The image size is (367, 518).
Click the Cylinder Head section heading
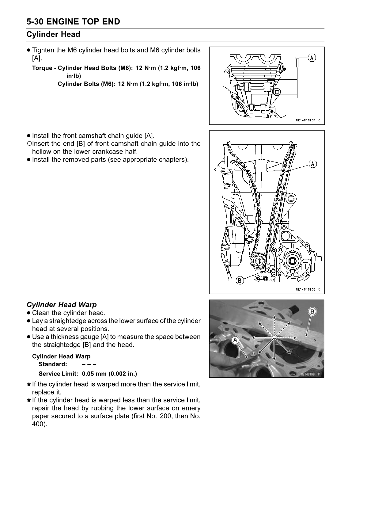coord(53,34)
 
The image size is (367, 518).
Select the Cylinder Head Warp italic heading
coord(62,305)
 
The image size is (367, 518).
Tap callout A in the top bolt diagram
coord(312,58)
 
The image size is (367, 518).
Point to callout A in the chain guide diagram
coord(312,164)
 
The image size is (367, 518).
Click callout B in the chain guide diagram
coord(240,280)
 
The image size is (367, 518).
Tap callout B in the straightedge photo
coord(312,312)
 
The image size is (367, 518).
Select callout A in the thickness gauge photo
coord(235,340)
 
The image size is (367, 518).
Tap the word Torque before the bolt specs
coord(42,68)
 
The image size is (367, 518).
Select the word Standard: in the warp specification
coord(53,364)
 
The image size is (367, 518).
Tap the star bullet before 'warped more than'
coord(29,384)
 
